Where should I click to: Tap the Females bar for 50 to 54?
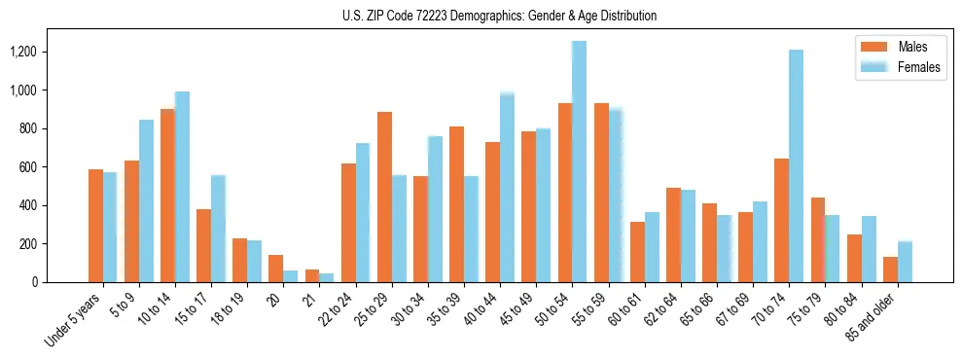coord(579,162)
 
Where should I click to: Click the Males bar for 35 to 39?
coord(456,204)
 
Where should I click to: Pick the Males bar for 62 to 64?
coord(673,234)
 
